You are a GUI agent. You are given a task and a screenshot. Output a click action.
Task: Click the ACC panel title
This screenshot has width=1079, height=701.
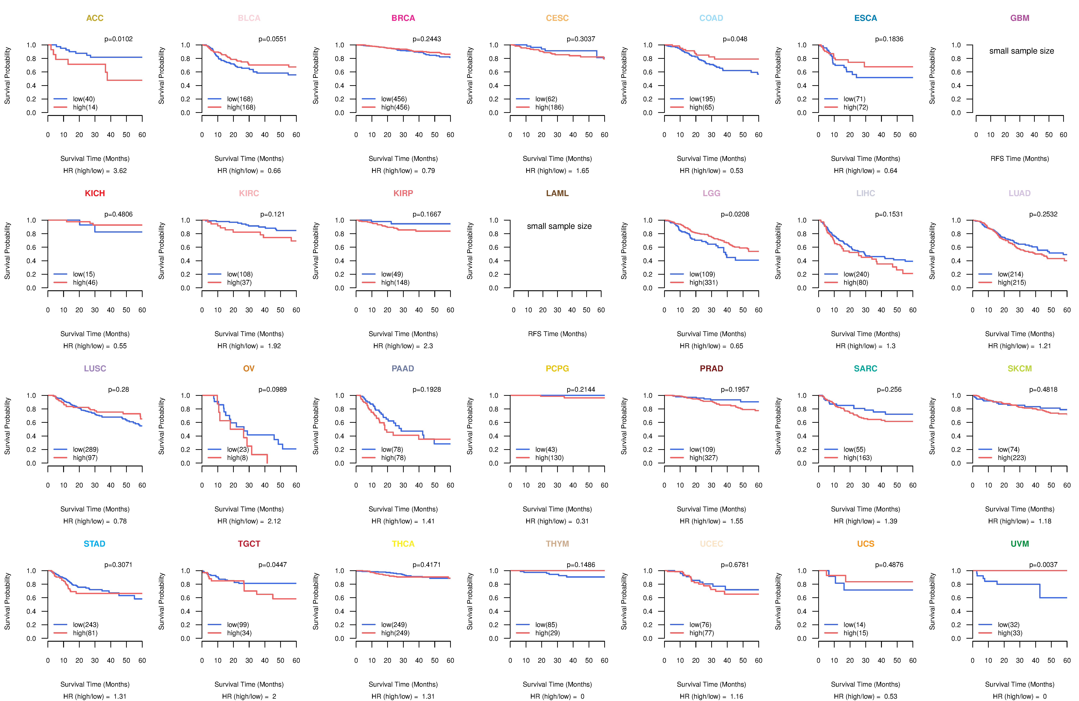[95, 18]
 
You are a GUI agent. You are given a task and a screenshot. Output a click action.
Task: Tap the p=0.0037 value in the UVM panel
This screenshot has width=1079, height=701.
[1043, 565]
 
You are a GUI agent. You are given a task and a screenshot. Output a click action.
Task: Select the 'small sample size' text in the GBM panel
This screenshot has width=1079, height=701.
[1021, 51]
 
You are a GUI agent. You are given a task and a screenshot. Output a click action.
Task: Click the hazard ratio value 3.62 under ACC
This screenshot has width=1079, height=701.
[120, 171]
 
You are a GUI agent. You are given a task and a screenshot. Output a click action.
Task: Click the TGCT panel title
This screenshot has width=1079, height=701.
[249, 544]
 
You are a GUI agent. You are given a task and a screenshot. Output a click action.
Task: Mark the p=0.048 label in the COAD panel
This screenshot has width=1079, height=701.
[735, 39]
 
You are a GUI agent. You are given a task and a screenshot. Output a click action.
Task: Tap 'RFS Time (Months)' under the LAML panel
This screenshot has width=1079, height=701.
[557, 334]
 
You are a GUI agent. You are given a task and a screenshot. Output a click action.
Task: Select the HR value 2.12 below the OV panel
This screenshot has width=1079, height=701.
[274, 521]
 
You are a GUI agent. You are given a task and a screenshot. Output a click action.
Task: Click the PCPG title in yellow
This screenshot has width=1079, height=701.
[557, 368]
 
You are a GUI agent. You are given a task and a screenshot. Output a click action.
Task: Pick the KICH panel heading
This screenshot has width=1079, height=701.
[95, 193]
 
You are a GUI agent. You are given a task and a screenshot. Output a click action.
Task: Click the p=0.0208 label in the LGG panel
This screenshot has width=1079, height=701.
[735, 214]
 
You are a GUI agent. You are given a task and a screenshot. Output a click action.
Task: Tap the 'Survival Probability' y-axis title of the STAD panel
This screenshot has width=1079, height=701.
[7, 601]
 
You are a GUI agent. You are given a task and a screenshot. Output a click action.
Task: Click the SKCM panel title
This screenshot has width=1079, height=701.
[1020, 368]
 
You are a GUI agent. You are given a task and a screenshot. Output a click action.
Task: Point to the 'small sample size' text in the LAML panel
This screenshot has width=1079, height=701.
[559, 226]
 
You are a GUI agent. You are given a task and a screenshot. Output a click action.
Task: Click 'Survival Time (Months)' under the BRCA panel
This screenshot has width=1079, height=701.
[403, 159]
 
